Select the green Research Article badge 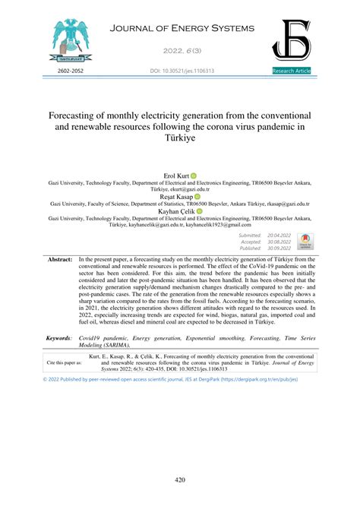(291, 71)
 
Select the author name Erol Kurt (177, 175)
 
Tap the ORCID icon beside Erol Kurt (195, 175)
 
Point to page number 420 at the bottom (180, 479)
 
